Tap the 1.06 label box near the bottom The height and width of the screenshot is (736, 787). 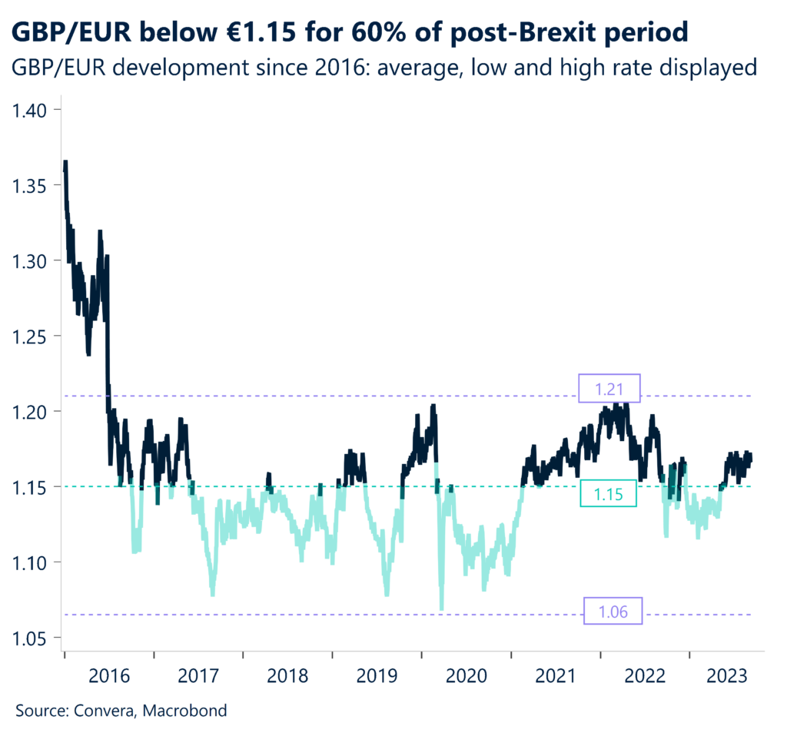click(x=613, y=612)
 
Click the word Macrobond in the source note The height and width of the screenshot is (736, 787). click(x=188, y=711)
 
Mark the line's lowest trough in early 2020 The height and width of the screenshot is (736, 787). click(x=441, y=608)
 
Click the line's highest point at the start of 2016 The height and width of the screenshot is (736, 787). click(x=65, y=163)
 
